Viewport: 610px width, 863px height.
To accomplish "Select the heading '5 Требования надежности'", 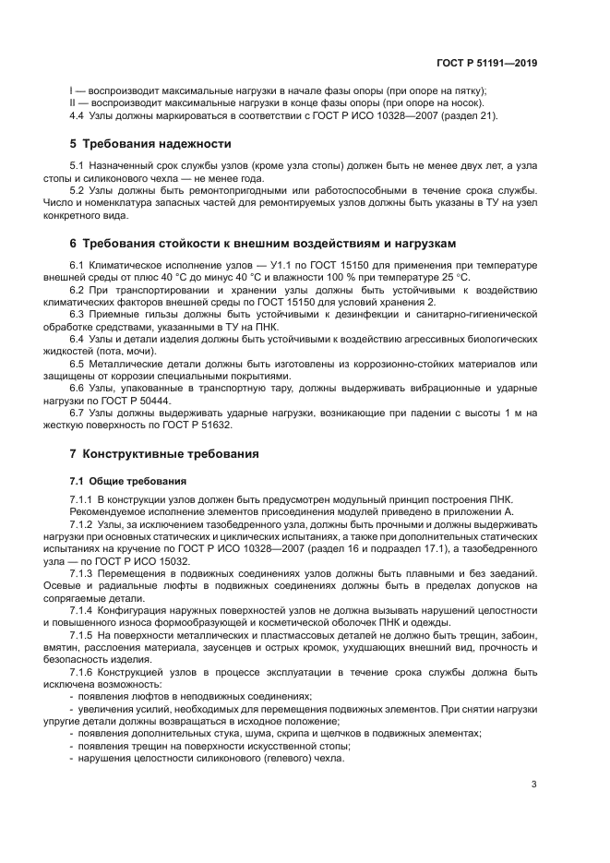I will (x=150, y=144).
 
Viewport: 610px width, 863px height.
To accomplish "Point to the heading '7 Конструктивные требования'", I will (x=164, y=454).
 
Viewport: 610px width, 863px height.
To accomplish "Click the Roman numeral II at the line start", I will (x=73, y=103).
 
